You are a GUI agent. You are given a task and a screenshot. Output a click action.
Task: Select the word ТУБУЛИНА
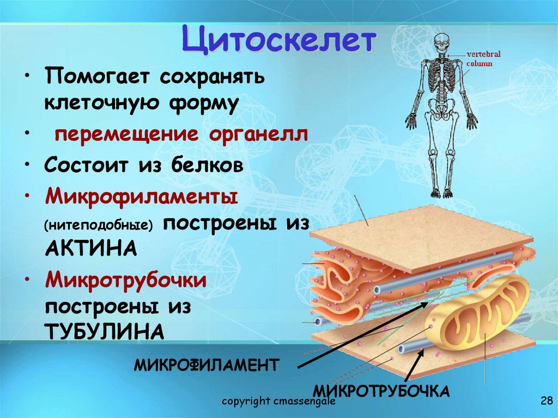coord(104,331)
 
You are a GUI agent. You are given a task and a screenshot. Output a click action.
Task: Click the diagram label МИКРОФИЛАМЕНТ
coord(206,364)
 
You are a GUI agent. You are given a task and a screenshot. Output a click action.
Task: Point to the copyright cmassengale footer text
coord(278,402)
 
